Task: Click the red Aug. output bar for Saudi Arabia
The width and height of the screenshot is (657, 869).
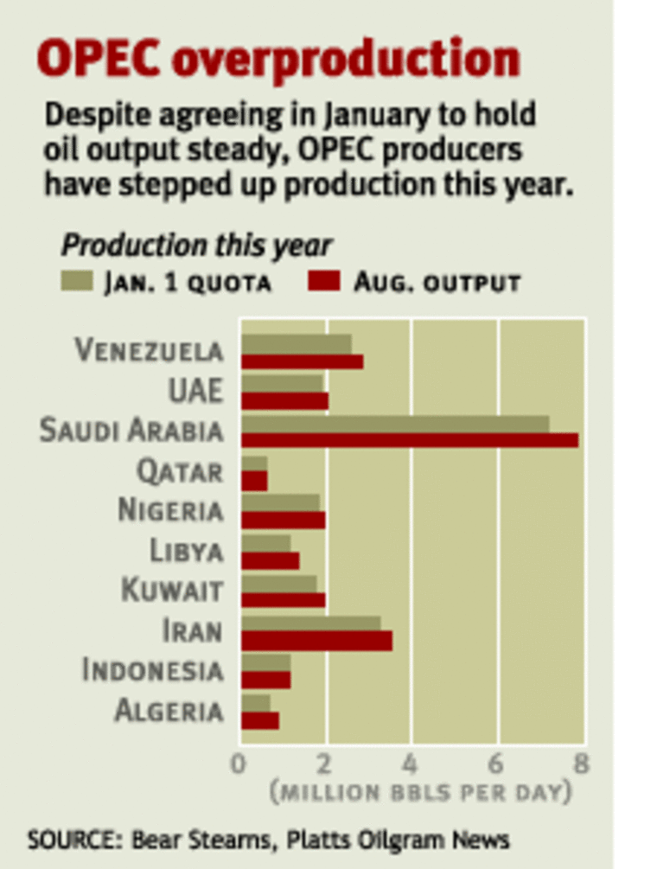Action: point(409,440)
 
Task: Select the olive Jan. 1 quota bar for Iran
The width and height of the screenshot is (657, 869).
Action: point(310,623)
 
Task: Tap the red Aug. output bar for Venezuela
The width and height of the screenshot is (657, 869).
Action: point(302,361)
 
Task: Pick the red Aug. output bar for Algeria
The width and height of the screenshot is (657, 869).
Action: point(259,720)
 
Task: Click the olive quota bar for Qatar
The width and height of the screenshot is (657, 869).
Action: point(254,464)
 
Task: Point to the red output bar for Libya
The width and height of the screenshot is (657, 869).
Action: point(270,560)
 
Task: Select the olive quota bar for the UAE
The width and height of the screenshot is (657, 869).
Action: point(282,383)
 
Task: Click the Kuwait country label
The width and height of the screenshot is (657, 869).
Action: point(171,591)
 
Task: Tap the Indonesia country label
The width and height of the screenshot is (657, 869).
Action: point(152,670)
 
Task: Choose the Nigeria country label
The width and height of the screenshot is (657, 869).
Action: point(170,511)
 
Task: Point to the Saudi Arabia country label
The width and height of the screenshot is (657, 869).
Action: point(131,431)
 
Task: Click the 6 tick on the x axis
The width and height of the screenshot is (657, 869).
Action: point(497,764)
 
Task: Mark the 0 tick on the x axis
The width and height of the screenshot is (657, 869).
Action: point(239,764)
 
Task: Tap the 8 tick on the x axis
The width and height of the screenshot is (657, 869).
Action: point(581,764)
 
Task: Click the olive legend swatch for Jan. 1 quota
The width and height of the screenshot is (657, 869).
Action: point(79,281)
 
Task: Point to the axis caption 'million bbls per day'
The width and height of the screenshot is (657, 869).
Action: point(420,792)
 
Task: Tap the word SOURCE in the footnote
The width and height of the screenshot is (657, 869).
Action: point(63,839)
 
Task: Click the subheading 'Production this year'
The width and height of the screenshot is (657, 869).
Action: point(196,246)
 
